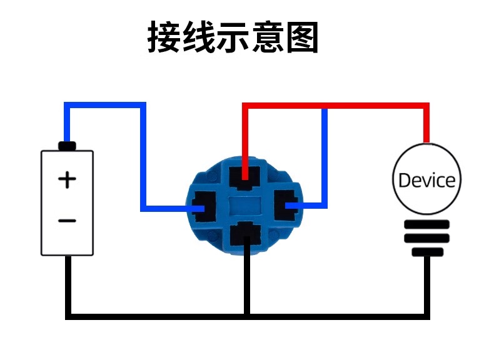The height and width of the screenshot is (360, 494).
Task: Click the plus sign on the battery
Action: pos(67,180)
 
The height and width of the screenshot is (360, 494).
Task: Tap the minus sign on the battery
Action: pos(67,221)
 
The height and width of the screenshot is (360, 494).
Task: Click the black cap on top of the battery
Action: pos(67,146)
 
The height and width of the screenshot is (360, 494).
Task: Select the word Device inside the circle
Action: pos(427,181)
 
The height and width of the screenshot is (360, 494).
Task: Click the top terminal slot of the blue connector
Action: pos(244,177)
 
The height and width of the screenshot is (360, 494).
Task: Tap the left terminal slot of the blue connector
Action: pos(203,206)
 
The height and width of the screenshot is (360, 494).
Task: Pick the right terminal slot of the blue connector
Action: pos(286,205)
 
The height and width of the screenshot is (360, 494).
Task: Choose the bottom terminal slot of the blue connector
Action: pos(245,233)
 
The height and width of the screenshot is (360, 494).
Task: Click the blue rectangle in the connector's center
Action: pos(244,206)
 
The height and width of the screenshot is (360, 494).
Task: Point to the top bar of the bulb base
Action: pos(427,224)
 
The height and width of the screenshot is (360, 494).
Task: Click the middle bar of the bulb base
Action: pos(427,238)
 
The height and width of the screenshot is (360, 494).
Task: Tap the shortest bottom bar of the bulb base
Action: pos(428,252)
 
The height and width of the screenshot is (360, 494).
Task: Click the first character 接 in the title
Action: pos(164,37)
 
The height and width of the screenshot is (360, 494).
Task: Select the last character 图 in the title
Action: pos(302,37)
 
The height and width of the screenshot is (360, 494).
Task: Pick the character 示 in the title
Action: pos(233,37)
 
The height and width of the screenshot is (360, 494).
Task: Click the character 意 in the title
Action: pos(268,37)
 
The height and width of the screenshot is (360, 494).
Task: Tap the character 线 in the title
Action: pos(198,37)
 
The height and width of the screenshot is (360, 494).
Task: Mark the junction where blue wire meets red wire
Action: pos(325,106)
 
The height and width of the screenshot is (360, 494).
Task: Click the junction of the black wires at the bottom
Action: pos(247,316)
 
